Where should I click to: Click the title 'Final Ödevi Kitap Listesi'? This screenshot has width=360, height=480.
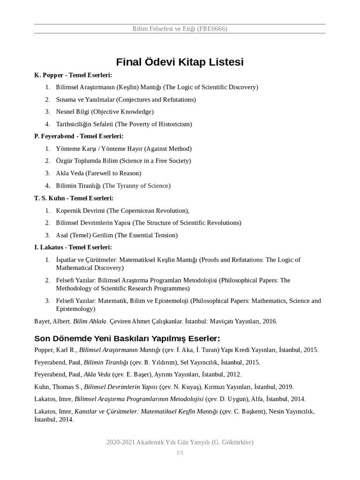180,62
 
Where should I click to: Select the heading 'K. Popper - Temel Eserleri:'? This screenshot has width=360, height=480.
73,75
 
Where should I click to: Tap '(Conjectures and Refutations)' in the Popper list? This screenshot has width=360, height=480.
156,99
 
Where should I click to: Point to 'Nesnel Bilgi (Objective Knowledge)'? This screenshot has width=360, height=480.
105,112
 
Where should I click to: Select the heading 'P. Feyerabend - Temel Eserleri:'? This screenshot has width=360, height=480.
79,136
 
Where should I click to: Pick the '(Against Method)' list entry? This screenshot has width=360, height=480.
168,149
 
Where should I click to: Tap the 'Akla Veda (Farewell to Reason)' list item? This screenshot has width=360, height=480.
98,173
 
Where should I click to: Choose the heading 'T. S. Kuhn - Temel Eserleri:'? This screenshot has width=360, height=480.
74,198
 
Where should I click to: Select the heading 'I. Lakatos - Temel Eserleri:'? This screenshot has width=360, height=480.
73,247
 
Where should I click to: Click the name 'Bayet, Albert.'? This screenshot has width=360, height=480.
52,322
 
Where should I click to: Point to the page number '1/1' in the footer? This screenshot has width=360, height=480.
180,453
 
